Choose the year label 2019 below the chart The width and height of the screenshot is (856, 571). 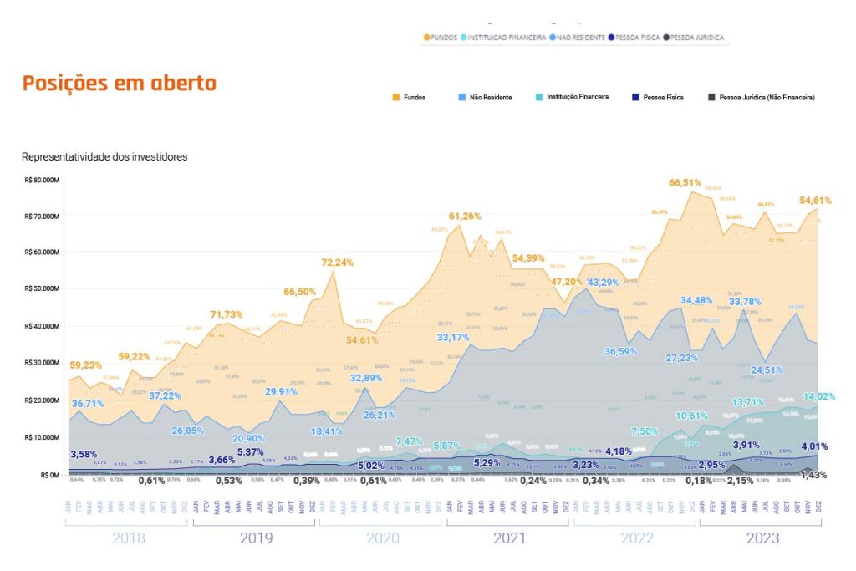256,539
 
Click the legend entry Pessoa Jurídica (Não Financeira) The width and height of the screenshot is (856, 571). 767,98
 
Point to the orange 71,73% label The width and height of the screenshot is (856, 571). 226,314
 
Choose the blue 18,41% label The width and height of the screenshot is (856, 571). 329,431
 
